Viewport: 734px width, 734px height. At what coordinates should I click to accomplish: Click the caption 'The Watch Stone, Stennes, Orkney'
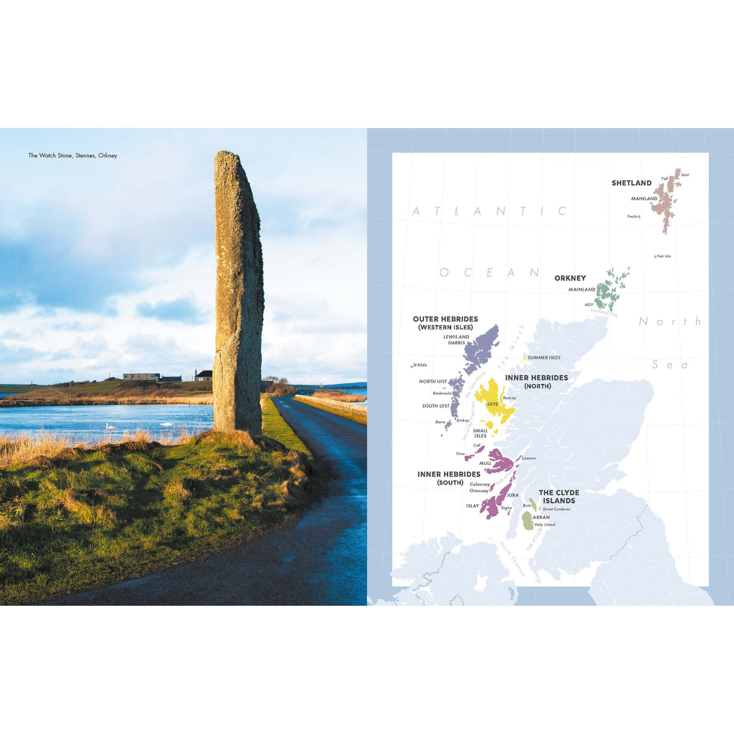tap(73, 155)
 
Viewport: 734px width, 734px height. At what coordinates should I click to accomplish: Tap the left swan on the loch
tap(110, 426)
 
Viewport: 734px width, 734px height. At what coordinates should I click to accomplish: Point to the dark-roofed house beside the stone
tap(204, 375)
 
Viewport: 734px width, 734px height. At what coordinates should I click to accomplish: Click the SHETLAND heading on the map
tap(631, 183)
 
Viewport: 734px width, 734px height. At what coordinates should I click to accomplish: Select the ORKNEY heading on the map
tap(570, 278)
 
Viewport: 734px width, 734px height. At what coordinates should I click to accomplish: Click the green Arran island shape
tap(528, 521)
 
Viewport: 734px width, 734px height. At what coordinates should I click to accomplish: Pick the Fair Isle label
tap(664, 256)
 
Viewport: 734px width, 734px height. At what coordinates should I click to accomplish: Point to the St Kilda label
tap(420, 365)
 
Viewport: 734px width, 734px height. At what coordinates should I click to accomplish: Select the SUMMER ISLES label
tap(544, 357)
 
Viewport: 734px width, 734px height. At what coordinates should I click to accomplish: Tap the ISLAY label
tap(472, 506)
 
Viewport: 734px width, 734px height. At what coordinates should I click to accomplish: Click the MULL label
tap(485, 463)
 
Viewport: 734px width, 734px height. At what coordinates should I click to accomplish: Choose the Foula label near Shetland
tap(632, 216)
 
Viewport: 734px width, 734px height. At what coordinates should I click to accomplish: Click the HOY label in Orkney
tap(589, 305)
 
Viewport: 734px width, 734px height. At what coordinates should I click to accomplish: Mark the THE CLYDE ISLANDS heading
tap(559, 496)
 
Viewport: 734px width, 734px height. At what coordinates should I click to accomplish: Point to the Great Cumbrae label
tap(556, 509)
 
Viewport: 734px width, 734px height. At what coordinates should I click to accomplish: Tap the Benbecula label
tap(442, 393)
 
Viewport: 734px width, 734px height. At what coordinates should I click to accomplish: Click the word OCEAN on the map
tap(490, 273)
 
